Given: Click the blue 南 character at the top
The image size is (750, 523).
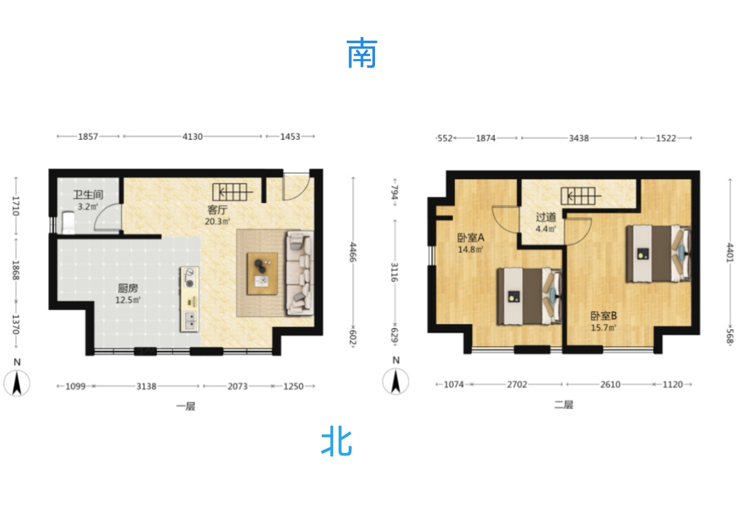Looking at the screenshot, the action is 362,53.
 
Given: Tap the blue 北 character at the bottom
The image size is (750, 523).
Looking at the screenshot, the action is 337,441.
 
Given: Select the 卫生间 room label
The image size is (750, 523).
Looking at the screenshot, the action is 88,194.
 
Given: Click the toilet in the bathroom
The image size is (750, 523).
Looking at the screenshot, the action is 69,222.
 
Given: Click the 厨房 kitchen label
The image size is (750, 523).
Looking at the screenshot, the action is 128,288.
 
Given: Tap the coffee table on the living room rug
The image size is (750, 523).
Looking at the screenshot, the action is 262,274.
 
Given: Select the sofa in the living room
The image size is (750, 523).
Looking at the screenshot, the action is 300,273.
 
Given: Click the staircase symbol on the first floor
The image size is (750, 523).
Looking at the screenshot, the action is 233,192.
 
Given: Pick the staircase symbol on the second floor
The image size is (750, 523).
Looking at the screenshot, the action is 581,195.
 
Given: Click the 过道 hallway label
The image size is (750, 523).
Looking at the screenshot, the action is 546,217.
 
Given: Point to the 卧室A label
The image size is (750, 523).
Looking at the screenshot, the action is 471,237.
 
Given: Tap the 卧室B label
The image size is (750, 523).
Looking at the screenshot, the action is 603,316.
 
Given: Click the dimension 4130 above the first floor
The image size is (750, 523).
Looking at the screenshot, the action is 192,137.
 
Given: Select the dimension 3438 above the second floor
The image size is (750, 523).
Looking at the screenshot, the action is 579,138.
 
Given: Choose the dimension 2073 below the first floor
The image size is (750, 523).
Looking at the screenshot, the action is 238,386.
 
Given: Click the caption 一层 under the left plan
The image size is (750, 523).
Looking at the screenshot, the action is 186,406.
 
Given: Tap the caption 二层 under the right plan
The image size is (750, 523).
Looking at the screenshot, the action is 564,405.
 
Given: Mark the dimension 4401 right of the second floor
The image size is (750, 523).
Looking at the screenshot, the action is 730,252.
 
